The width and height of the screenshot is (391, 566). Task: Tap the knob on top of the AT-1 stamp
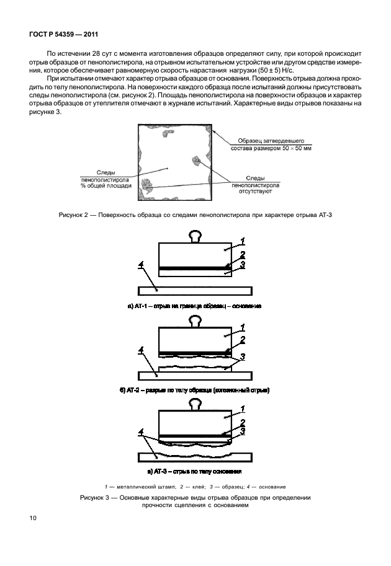[196, 236]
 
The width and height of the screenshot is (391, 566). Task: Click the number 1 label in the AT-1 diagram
[244, 241]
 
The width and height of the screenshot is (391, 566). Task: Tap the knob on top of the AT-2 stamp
[196, 321]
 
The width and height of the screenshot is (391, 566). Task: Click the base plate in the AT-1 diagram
[195, 290]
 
